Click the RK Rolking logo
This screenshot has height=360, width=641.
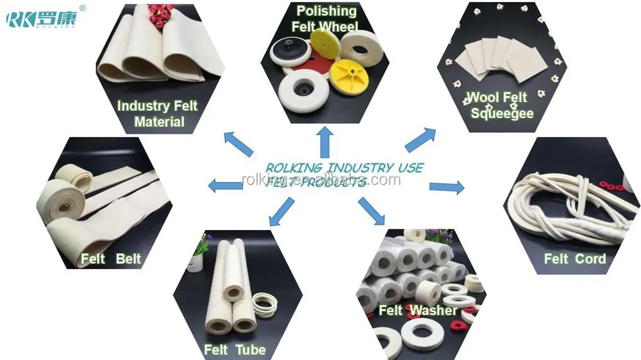42,17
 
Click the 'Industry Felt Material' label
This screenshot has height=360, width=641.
158,113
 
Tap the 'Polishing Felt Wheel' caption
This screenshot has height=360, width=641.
326,19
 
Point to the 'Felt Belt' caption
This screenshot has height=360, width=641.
111,259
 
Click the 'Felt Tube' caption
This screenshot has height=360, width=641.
235,350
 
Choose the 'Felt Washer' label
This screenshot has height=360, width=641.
418,311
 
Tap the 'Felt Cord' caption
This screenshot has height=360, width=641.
574,259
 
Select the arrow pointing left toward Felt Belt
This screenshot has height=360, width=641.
225,186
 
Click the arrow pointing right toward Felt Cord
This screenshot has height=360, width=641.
447,187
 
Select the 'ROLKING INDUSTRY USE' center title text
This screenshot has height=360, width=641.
344,168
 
